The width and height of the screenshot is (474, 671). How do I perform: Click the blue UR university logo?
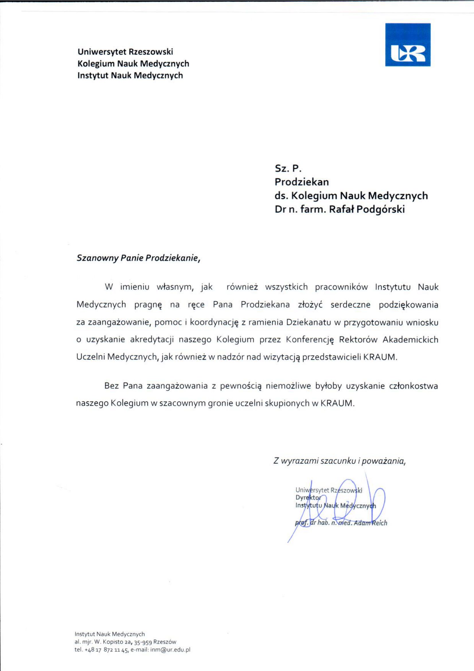tap(408, 45)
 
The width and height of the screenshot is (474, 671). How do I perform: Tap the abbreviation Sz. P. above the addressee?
tap(288, 168)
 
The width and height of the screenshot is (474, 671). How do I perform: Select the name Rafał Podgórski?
tap(367, 209)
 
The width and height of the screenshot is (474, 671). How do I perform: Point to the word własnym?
tap(175, 287)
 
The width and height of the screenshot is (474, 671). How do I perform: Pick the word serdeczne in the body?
tap(350, 305)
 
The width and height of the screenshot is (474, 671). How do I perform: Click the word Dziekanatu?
tap(309, 322)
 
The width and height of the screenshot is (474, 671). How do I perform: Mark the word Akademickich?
tap(410, 340)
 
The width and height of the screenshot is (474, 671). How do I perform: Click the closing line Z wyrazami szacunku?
tap(339, 461)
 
